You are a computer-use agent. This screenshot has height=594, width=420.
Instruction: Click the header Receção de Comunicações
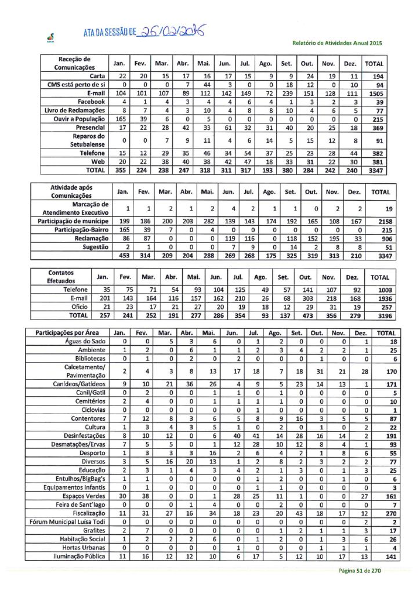[x=74, y=63]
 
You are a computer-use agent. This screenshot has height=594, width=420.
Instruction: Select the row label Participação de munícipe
[x=74, y=222]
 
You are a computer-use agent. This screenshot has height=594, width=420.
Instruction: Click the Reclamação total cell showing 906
[x=380, y=238]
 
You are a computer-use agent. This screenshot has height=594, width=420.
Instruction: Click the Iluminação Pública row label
[x=80, y=557]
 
